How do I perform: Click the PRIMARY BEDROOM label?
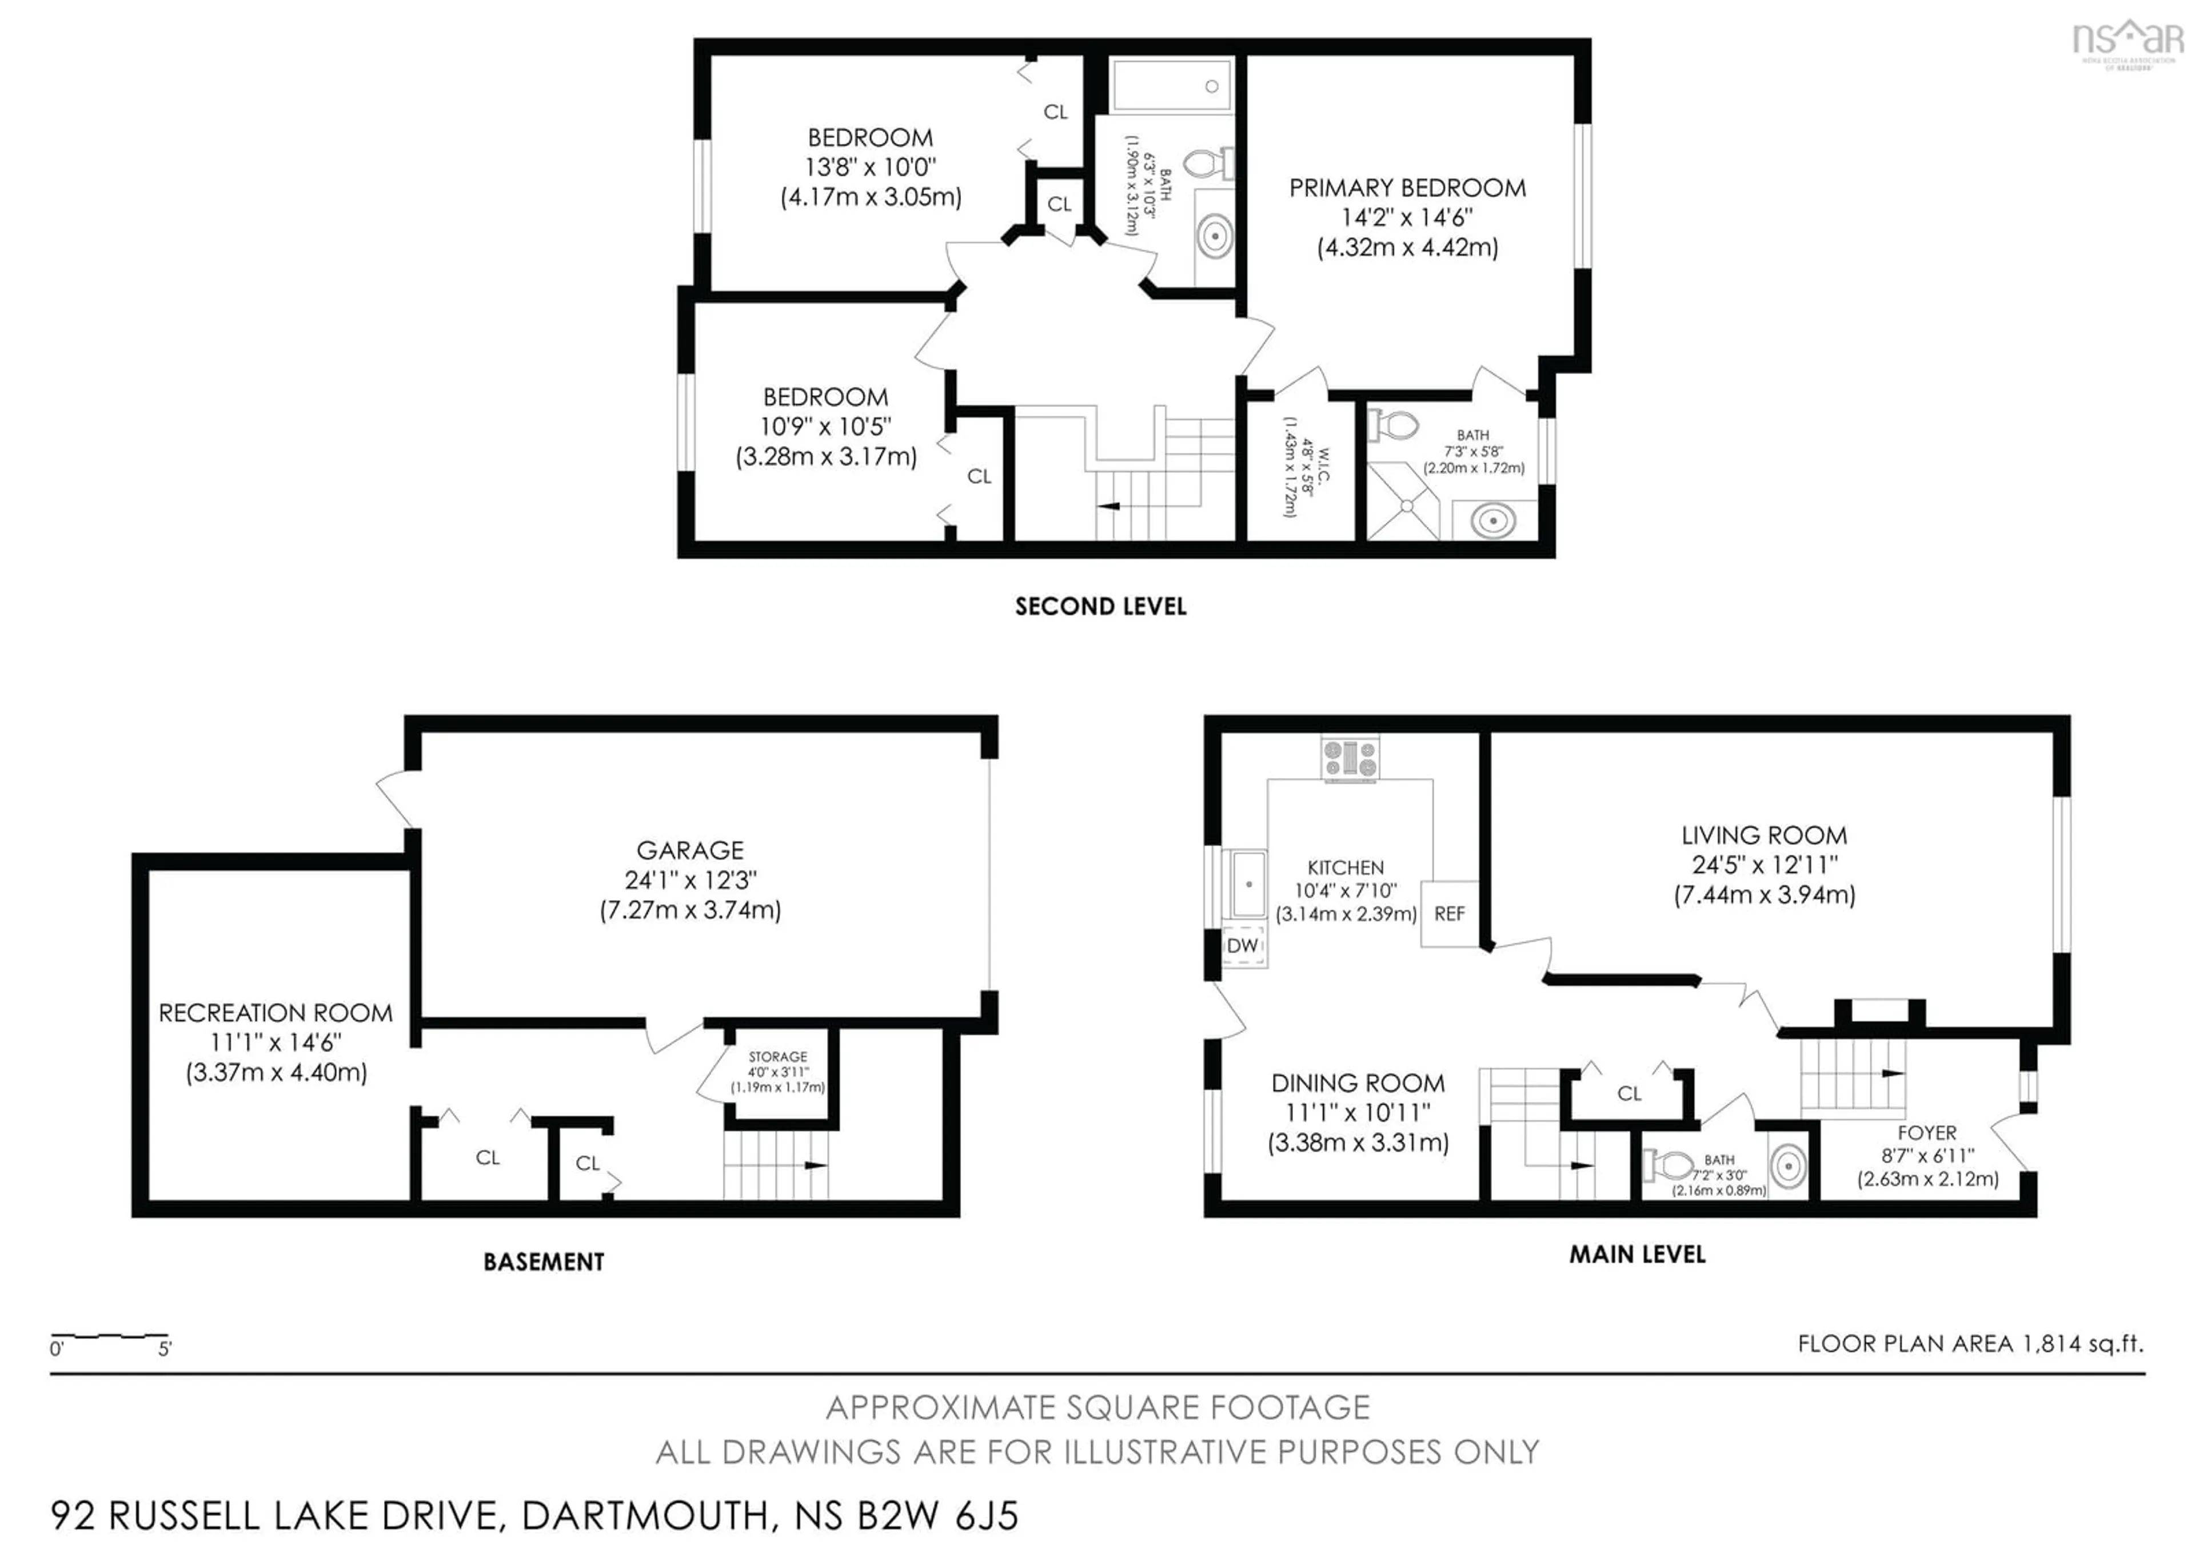coord(1407,188)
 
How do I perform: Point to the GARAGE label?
coord(691,850)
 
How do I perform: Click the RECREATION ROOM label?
coord(276,1013)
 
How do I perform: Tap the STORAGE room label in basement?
coord(777,1057)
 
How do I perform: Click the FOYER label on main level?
coord(1926,1132)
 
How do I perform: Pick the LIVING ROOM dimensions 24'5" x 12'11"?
coord(1764,865)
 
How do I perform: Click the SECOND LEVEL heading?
coord(1100,606)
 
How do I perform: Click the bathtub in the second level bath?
coord(1171,85)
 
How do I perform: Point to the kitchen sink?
coord(1248,885)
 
